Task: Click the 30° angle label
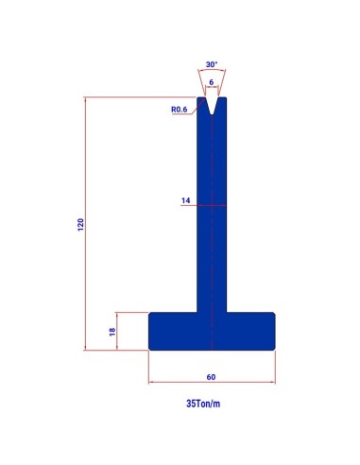coord(212,64)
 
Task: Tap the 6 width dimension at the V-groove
coord(212,82)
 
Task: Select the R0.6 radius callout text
coord(179,110)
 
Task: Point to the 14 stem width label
coord(186,200)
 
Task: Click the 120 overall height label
coord(81,225)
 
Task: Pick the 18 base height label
coord(112,332)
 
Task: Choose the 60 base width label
coord(211,377)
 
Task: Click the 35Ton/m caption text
coord(203,404)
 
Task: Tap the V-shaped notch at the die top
coord(212,106)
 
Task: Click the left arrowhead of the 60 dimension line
coord(151,382)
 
